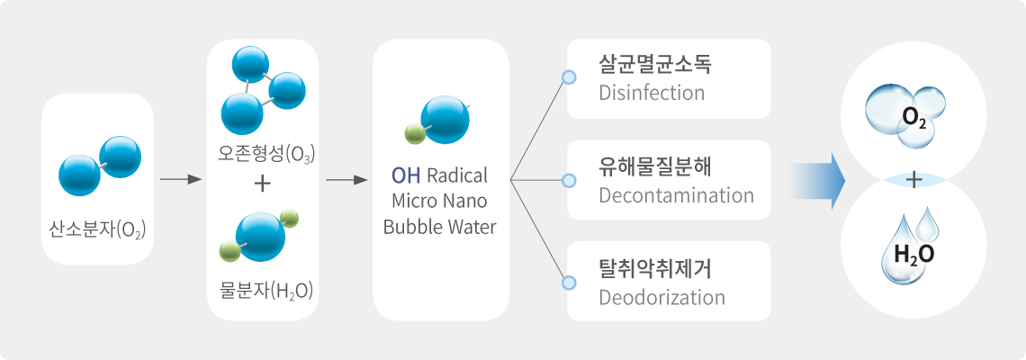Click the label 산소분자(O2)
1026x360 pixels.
click(x=97, y=229)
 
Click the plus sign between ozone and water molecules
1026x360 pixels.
click(x=262, y=184)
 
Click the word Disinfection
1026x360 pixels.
click(x=652, y=93)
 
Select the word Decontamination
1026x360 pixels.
click(x=676, y=195)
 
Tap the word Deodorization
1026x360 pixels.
click(x=662, y=298)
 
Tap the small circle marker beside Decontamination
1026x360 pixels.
click(x=570, y=180)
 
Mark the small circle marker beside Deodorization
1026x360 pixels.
click(x=570, y=283)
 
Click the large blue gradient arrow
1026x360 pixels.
click(x=815, y=181)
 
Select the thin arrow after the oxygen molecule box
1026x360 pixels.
click(x=180, y=180)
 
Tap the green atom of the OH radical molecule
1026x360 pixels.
click(x=416, y=135)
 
